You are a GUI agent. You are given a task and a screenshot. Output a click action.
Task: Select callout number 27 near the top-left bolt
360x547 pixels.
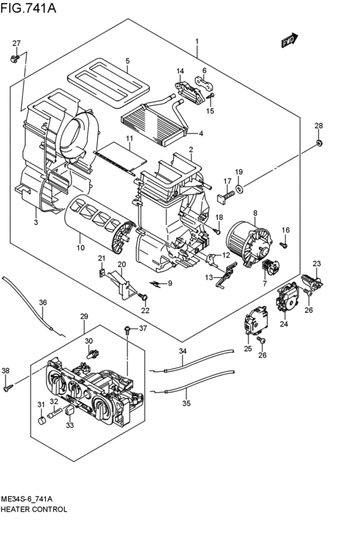(x=17, y=43)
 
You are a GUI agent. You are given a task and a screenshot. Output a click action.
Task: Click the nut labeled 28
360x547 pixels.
(x=319, y=141)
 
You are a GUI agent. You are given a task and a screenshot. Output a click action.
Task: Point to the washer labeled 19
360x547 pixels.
(x=239, y=188)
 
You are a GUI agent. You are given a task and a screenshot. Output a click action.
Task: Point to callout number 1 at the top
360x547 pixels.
(x=197, y=42)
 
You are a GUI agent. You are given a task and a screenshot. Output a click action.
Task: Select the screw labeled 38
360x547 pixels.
(x=8, y=386)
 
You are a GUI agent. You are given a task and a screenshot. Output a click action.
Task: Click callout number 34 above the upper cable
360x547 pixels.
(x=183, y=351)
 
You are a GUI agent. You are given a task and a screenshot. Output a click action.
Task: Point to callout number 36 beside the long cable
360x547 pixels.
(x=43, y=302)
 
